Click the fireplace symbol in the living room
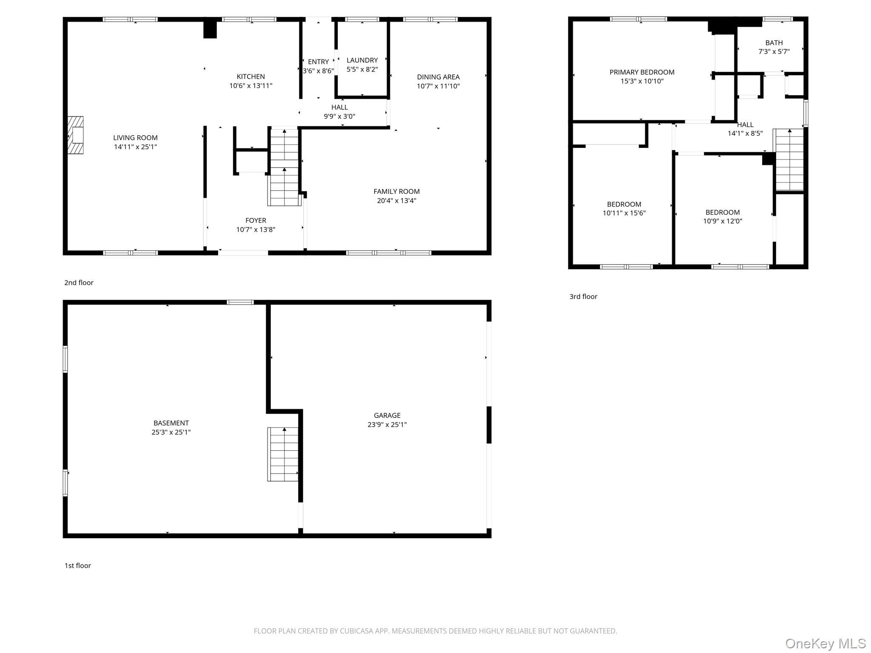point(75,135)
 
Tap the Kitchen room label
point(251,77)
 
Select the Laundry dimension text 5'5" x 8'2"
point(362,69)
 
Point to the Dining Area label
point(438,77)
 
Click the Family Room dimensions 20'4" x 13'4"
point(396,201)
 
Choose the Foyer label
point(256,220)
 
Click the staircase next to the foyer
point(284,167)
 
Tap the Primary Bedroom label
point(642,72)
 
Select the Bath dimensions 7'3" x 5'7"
point(774,51)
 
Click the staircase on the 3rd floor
point(789,160)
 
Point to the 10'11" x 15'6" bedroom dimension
point(624,213)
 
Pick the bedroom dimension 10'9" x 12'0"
point(723,221)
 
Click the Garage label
point(387,415)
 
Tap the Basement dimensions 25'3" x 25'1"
point(171,432)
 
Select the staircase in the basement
point(283,454)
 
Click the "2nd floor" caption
point(79,283)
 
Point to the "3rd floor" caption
point(583,297)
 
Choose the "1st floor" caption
point(77,565)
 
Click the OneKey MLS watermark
point(825,643)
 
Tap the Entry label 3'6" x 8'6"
point(318,66)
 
